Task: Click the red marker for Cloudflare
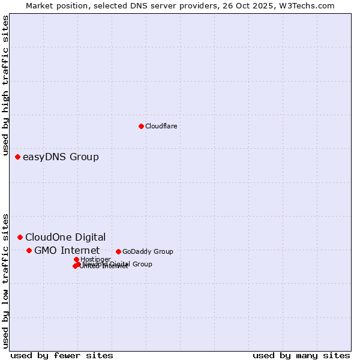[x=141, y=126]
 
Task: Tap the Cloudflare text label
[x=161, y=126]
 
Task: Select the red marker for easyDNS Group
[x=17, y=157]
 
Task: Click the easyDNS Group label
[x=61, y=157]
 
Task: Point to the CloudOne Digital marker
[x=20, y=237]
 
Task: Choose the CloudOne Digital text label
[x=65, y=237]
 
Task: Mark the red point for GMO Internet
[x=29, y=250]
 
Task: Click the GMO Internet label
[x=67, y=250]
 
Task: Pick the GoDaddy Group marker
[x=118, y=251]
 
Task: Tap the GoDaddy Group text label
[x=148, y=252]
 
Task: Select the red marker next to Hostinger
[x=76, y=259]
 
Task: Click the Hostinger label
[x=95, y=259]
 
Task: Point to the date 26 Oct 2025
[x=253, y=5]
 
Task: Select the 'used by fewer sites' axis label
[x=61, y=355]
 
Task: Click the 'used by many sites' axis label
[x=301, y=355]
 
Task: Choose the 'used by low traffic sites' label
[x=5, y=280]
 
